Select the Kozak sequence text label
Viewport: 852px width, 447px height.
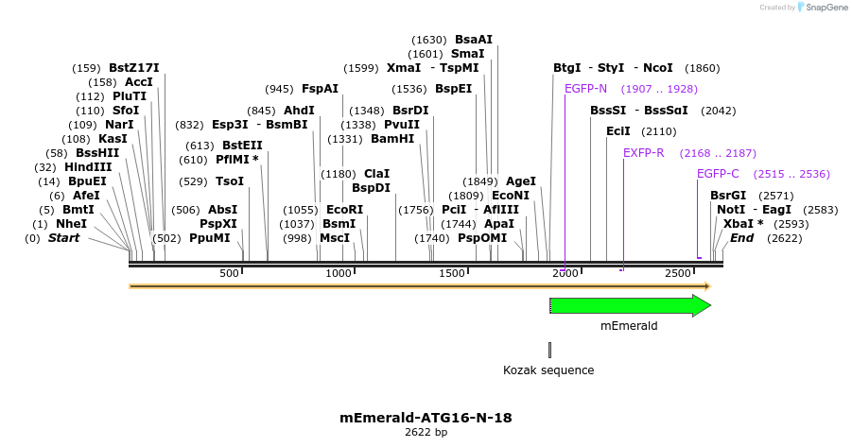point(548,370)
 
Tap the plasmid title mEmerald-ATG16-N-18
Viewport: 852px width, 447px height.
point(426,417)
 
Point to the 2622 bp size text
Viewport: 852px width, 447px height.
point(426,432)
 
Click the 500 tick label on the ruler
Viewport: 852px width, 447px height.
point(230,273)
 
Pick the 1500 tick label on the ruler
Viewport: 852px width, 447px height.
point(452,273)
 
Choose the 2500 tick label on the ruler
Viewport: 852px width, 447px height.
point(678,273)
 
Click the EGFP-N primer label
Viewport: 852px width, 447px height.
point(585,89)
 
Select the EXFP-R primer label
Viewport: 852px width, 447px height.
point(643,153)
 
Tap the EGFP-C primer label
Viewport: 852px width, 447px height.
point(718,174)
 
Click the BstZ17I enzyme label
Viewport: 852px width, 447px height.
point(133,68)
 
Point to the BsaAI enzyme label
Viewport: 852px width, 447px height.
point(474,40)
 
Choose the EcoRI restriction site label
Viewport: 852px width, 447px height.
point(344,210)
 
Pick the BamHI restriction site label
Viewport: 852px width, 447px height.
point(392,139)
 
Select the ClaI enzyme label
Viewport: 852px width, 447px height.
point(376,174)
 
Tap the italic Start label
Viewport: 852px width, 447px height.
point(63,238)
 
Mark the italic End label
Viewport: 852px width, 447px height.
point(741,238)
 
